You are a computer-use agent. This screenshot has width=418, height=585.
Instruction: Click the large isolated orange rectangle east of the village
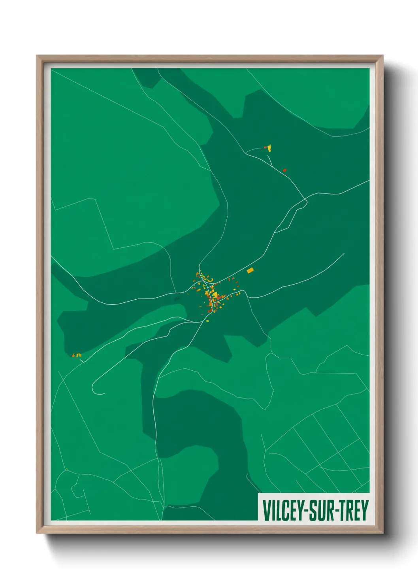point(250,271)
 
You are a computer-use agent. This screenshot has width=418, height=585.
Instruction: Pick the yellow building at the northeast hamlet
point(270,149)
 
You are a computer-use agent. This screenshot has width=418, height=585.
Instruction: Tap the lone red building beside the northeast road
point(284,170)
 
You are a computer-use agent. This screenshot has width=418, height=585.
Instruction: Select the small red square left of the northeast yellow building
point(265,147)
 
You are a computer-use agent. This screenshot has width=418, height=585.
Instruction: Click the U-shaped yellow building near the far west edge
point(79,355)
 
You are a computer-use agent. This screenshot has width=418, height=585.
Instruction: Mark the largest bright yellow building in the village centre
point(214,295)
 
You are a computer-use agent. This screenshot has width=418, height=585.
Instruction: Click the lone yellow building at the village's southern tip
point(208,321)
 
